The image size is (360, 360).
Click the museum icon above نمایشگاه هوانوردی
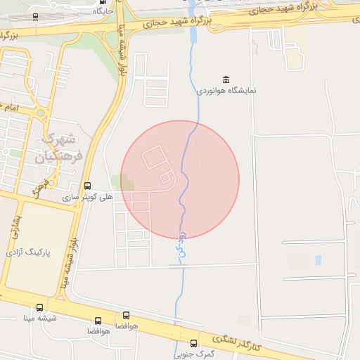[x=226, y=79]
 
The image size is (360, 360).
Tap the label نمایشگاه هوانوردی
[x=226, y=91]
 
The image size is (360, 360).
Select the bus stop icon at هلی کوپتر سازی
[x=87, y=186]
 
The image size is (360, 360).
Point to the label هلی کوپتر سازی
[x=88, y=198]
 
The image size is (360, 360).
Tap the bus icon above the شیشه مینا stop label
[x=39, y=308]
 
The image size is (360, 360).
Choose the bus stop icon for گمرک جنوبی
[x=194, y=343]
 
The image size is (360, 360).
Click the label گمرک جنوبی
[x=194, y=354]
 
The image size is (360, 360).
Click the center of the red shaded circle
[x=180, y=179]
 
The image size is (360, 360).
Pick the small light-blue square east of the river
[x=319, y=260]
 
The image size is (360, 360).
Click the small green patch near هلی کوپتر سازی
[x=127, y=184]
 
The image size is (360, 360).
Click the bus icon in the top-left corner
[x=35, y=16]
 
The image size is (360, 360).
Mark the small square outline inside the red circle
[x=165, y=179]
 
